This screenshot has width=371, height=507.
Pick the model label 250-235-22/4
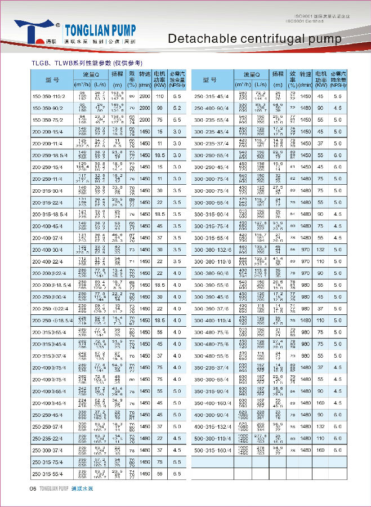click(47, 438)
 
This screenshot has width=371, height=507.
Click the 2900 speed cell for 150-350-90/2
click(145, 107)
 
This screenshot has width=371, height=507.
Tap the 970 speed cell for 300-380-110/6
click(306, 261)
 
